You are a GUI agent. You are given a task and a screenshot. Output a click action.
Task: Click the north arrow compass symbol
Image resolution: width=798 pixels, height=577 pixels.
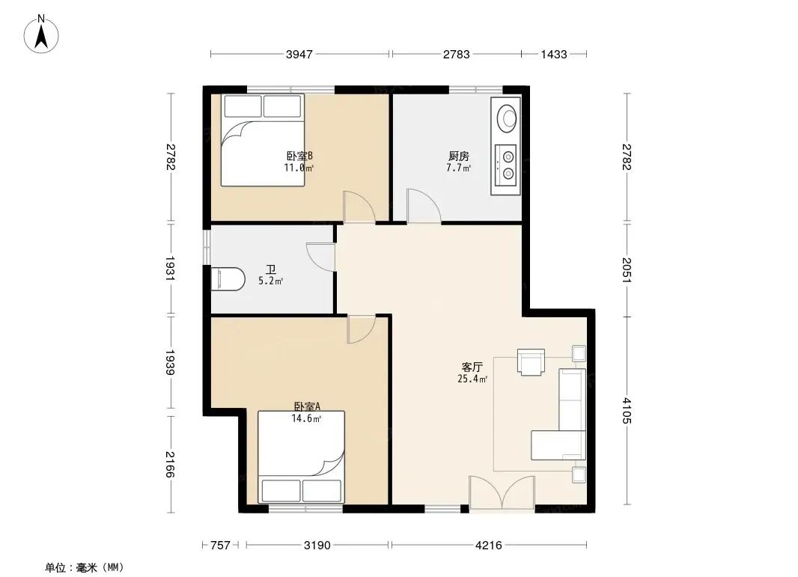[x=41, y=34]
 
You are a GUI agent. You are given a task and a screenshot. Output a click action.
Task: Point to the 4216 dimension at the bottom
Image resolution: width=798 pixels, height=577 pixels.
[x=489, y=546]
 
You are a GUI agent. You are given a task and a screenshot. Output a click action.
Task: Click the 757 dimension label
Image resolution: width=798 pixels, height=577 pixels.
[x=220, y=546]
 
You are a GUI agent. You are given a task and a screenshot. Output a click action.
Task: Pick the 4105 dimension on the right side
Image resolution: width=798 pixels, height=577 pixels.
[x=627, y=410]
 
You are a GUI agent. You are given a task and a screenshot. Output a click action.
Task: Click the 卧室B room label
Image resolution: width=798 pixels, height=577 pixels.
[x=299, y=156]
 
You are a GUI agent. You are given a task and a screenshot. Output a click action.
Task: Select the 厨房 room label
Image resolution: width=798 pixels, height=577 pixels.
[x=459, y=156]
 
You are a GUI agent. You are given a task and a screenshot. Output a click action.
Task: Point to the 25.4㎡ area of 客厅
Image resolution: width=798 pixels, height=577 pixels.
[x=472, y=379]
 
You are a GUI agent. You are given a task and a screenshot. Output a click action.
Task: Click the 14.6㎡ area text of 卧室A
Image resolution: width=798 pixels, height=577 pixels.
[x=306, y=419]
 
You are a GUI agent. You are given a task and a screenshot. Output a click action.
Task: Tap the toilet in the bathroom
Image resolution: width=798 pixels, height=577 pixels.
[x=228, y=279]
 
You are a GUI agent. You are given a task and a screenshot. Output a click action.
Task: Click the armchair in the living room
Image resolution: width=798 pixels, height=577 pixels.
[x=531, y=361]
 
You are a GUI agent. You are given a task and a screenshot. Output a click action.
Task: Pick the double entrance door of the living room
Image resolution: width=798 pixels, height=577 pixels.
[x=502, y=492]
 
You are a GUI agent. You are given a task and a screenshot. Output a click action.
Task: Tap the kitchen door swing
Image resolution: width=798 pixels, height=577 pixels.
[x=424, y=206]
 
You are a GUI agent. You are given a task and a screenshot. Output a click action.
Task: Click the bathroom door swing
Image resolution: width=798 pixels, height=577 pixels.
[x=321, y=257]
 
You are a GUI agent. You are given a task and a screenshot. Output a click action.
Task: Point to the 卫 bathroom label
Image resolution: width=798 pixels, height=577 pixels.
[x=270, y=269]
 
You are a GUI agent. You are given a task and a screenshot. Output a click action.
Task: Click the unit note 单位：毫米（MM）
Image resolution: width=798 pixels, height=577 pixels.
[x=85, y=567]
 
